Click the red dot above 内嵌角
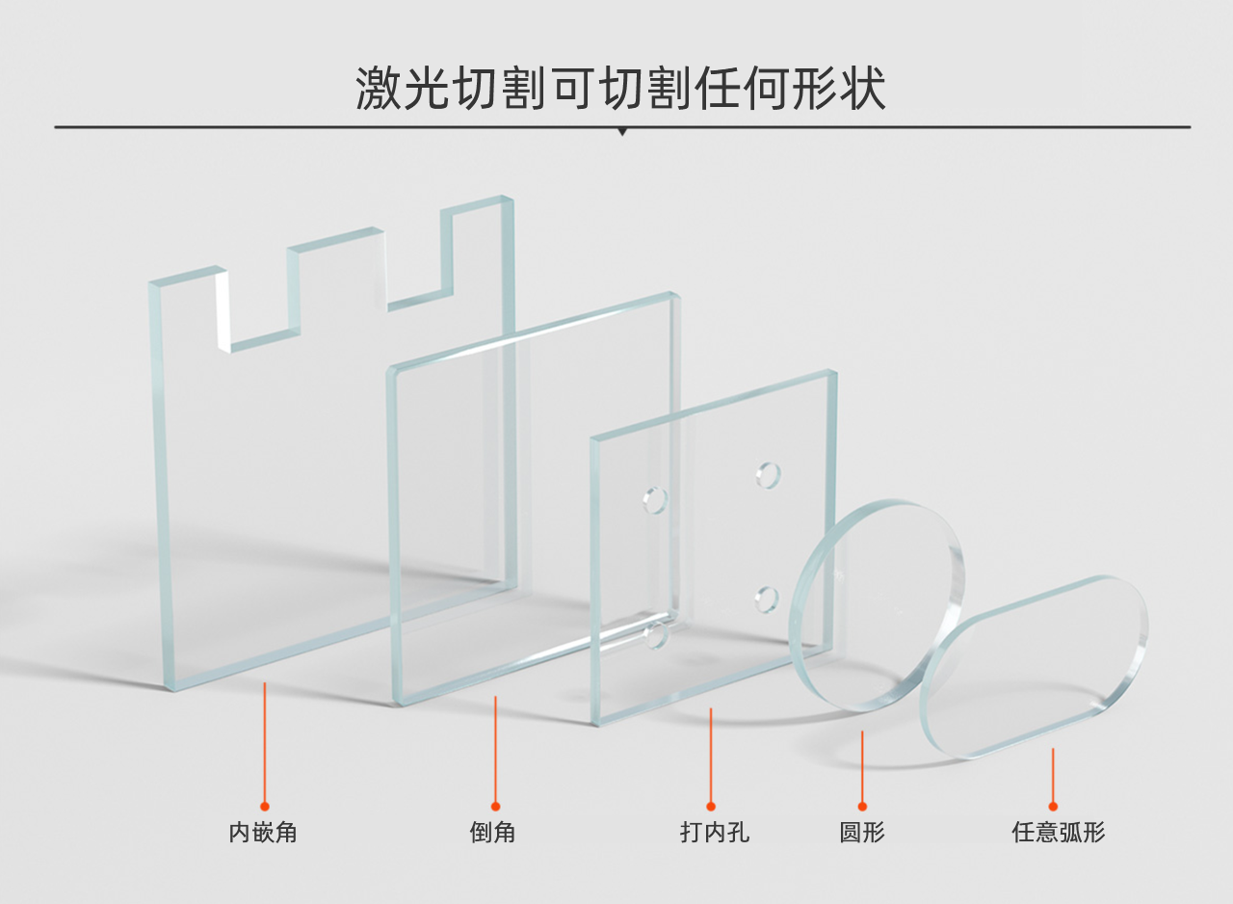(265, 806)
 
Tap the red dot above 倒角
(495, 806)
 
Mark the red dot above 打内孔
(711, 806)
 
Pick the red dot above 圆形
(862, 806)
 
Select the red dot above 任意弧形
(1053, 806)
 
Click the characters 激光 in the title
(404, 90)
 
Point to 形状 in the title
(838, 90)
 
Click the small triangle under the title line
(622, 131)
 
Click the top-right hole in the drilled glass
(769, 475)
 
